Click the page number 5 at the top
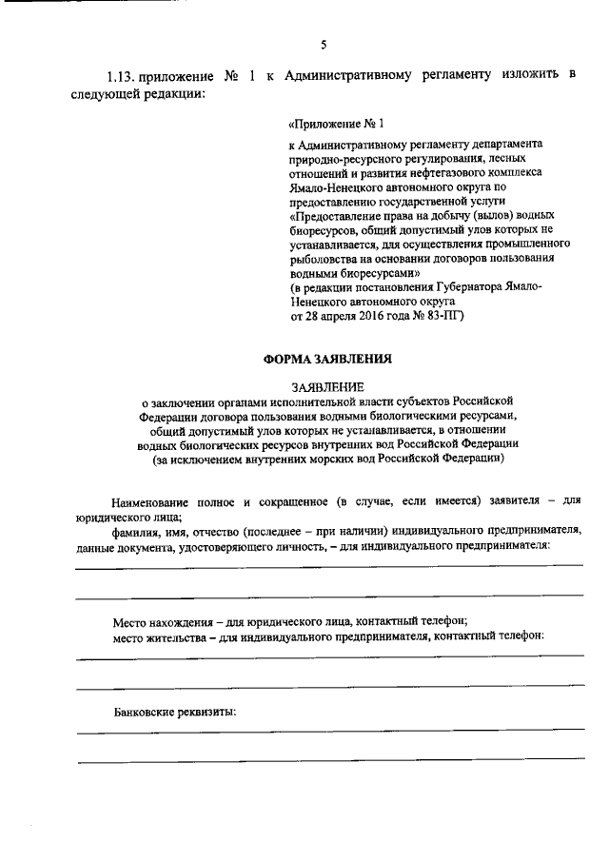tap(324, 44)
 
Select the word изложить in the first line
tap(527, 76)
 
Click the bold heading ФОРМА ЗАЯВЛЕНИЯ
tap(325, 359)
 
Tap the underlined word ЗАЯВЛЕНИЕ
tap(326, 387)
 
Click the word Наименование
tap(154, 499)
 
